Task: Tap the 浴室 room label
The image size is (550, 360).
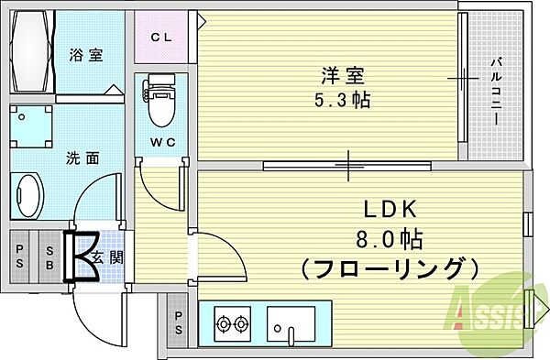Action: pos(85,55)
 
